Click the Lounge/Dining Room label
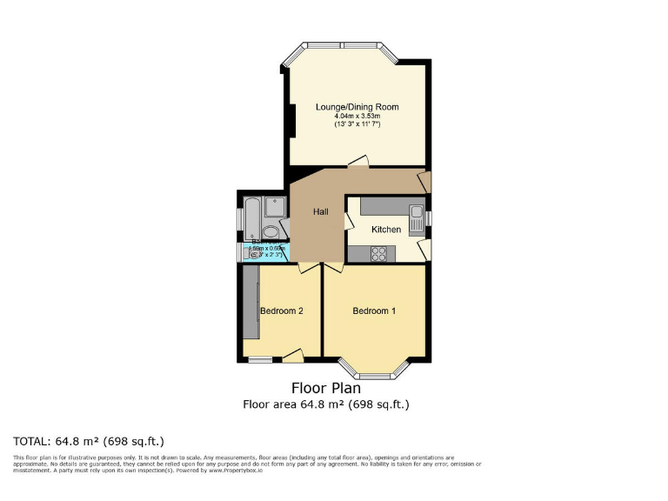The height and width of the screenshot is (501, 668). (357, 107)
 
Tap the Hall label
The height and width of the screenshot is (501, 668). (320, 211)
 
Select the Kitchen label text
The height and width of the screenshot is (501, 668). (386, 230)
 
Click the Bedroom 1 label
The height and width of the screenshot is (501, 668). (374, 311)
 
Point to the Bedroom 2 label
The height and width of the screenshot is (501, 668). (281, 311)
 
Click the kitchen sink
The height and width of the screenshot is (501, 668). (416, 217)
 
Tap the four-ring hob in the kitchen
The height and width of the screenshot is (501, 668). (380, 253)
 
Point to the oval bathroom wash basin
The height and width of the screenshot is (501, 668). (273, 231)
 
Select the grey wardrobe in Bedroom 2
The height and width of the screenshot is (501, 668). (250, 304)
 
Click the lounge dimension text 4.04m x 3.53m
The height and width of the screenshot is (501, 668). (357, 117)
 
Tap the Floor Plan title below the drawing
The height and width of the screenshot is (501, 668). (325, 388)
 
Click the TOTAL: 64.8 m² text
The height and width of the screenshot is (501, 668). (88, 441)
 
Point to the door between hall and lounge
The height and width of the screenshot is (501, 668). (357, 162)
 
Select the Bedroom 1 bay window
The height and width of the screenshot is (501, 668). (373, 370)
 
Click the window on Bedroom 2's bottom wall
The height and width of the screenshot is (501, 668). (260, 358)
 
